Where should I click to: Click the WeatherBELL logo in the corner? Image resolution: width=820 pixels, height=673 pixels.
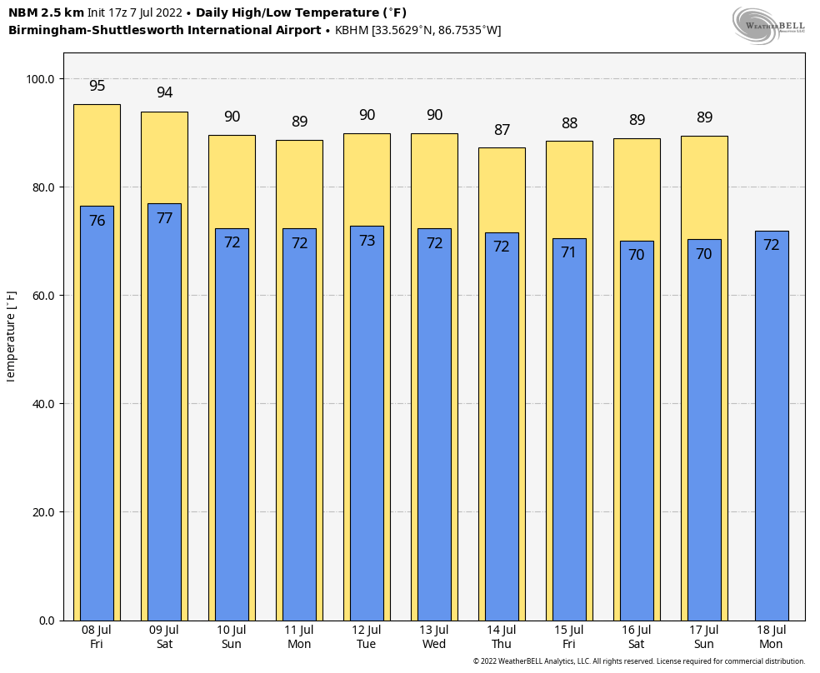[x=767, y=24]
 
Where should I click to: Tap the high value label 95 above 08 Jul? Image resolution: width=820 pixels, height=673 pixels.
[x=97, y=86]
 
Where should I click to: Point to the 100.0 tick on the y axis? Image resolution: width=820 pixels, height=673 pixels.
[x=40, y=79]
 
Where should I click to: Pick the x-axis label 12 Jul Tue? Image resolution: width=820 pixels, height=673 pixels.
[x=367, y=637]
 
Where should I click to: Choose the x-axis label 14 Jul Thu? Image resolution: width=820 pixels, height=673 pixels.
[x=502, y=637]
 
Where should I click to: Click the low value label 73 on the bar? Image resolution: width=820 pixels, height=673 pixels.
[x=367, y=241]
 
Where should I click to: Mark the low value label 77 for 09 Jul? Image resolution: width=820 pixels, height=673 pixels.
[x=164, y=218]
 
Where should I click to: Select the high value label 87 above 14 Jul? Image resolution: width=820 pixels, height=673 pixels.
[x=502, y=130]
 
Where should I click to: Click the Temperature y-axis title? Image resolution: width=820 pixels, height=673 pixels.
[x=11, y=336]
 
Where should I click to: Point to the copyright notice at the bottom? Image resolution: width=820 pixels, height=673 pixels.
[x=638, y=661]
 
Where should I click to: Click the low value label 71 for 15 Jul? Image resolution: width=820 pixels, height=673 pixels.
[x=569, y=252]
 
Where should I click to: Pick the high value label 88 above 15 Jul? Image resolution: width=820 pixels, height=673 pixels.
[x=569, y=123]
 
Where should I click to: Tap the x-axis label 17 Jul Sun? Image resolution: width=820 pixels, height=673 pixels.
[x=704, y=637]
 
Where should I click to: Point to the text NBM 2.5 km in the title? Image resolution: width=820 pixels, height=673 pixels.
[x=46, y=13]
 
